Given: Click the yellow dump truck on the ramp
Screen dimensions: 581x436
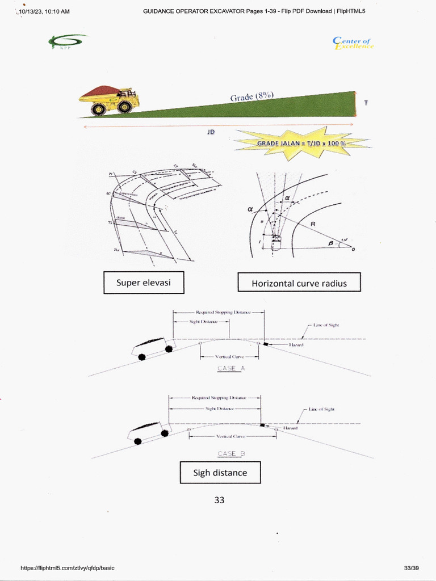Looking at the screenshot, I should (109, 100).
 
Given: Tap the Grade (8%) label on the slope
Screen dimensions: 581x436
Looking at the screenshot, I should (251, 97).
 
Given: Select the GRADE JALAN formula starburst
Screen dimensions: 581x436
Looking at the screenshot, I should (301, 144).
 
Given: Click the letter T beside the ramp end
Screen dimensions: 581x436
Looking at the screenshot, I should (366, 103).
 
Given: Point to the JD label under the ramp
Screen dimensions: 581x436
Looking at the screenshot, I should (211, 132).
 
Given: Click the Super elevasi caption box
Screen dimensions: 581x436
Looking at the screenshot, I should (144, 283).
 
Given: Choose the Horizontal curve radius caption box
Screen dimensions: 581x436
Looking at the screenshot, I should (299, 283).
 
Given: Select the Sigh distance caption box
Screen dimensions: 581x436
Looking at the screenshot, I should (220, 473).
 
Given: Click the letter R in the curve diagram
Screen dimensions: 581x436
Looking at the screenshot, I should (312, 225).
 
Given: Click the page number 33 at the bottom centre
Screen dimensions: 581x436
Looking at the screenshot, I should (220, 500).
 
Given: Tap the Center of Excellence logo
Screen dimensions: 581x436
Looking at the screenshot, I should (353, 43).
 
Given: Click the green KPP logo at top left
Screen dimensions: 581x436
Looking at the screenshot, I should (68, 41).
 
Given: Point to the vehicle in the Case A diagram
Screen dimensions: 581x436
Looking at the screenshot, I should (152, 348).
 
